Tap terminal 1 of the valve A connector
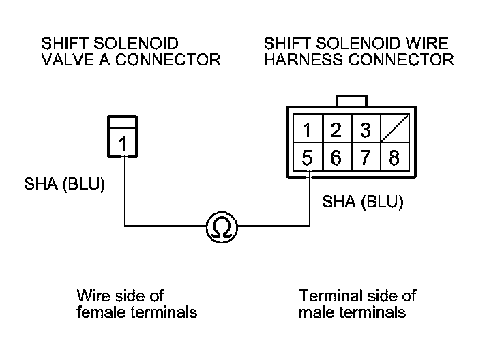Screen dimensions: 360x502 123,144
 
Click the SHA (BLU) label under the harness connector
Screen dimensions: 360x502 363,202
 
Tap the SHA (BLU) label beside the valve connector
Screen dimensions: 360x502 64,184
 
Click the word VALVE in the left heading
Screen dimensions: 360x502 68,60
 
